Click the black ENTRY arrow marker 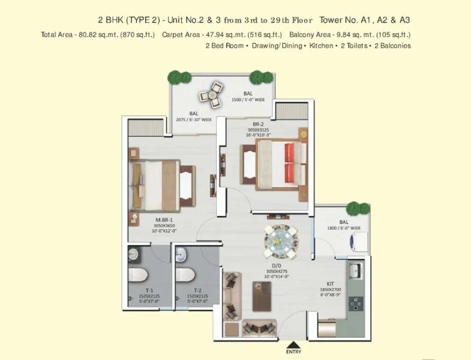point(292,345)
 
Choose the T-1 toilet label point(140,289)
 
